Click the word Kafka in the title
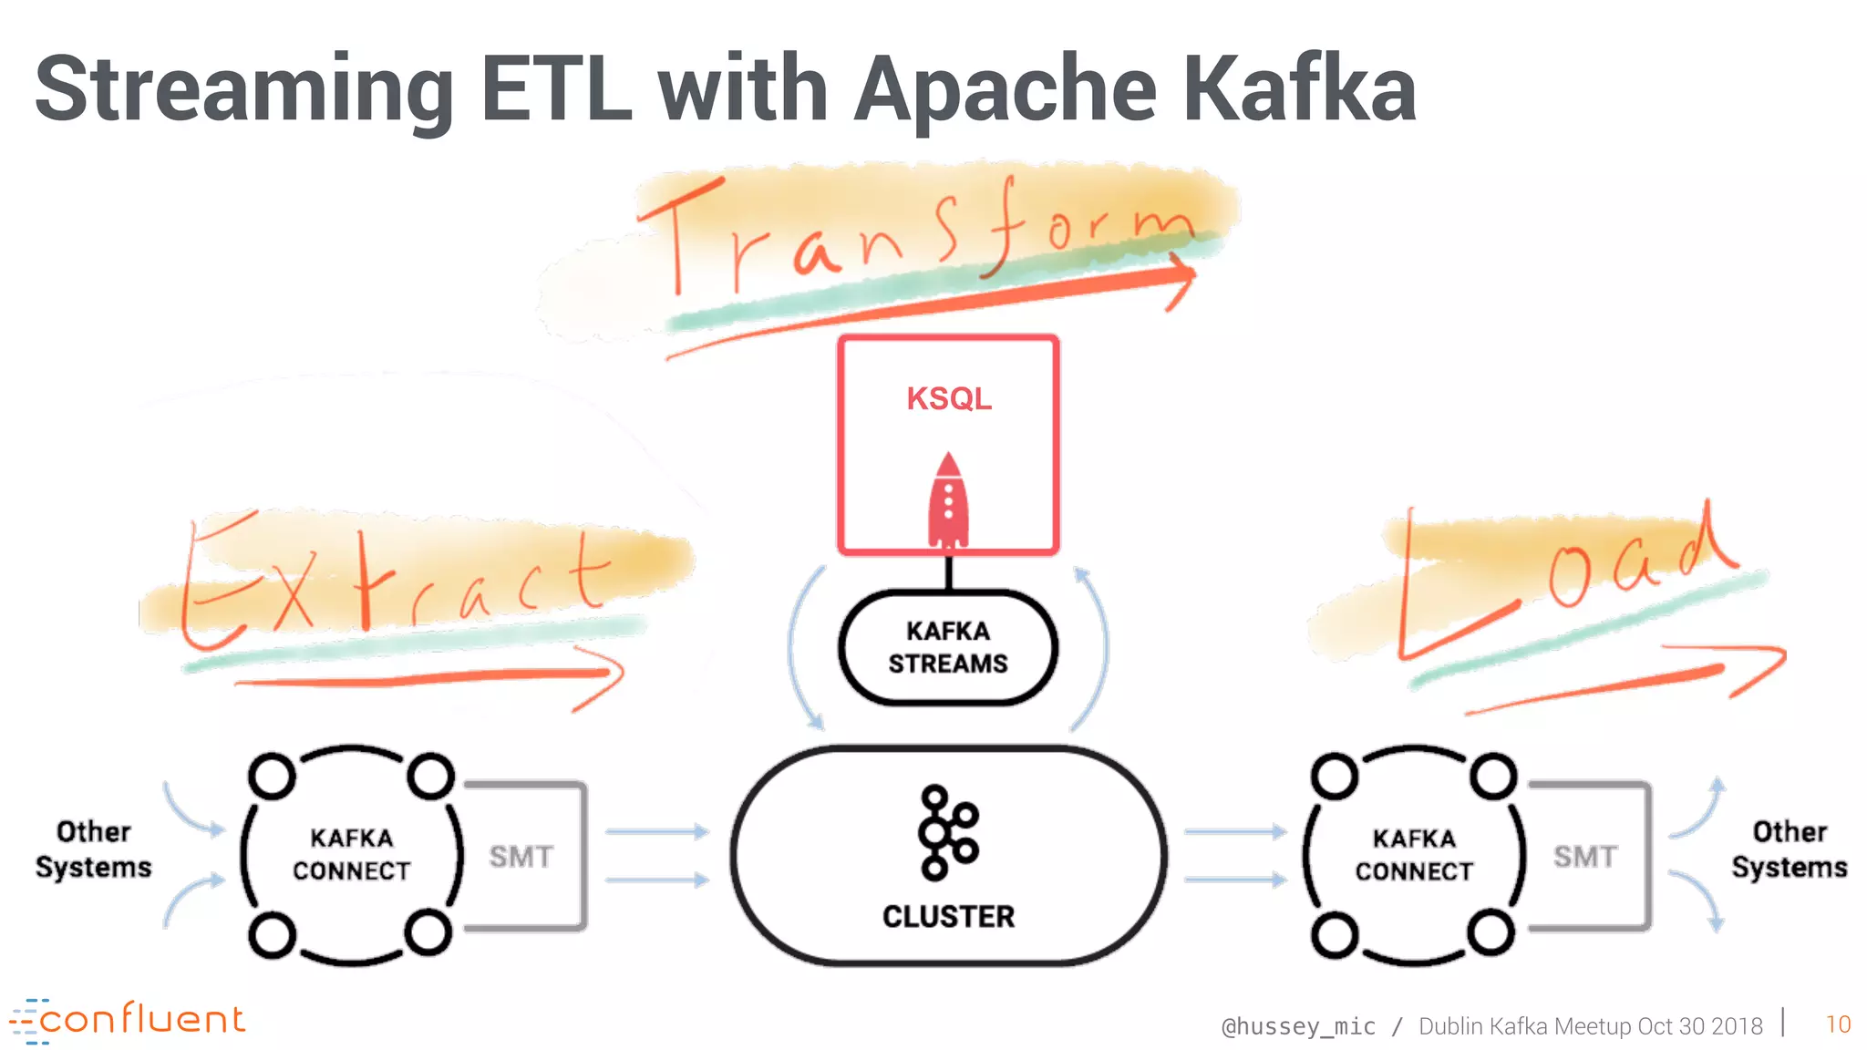click(1299, 88)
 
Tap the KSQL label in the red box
click(948, 398)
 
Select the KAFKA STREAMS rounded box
click(948, 647)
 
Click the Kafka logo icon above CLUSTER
click(947, 832)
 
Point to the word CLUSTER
click(948, 916)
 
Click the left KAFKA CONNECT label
click(351, 854)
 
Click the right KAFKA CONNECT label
click(1414, 854)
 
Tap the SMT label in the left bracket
click(521, 857)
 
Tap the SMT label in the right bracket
click(1585, 857)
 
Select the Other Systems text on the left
click(93, 849)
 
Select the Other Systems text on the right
click(1789, 849)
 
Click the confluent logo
click(128, 1020)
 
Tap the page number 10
click(1838, 1024)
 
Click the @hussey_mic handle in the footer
click(1298, 1026)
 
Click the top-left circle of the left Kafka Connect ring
click(272, 777)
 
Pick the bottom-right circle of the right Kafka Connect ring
click(1491, 933)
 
